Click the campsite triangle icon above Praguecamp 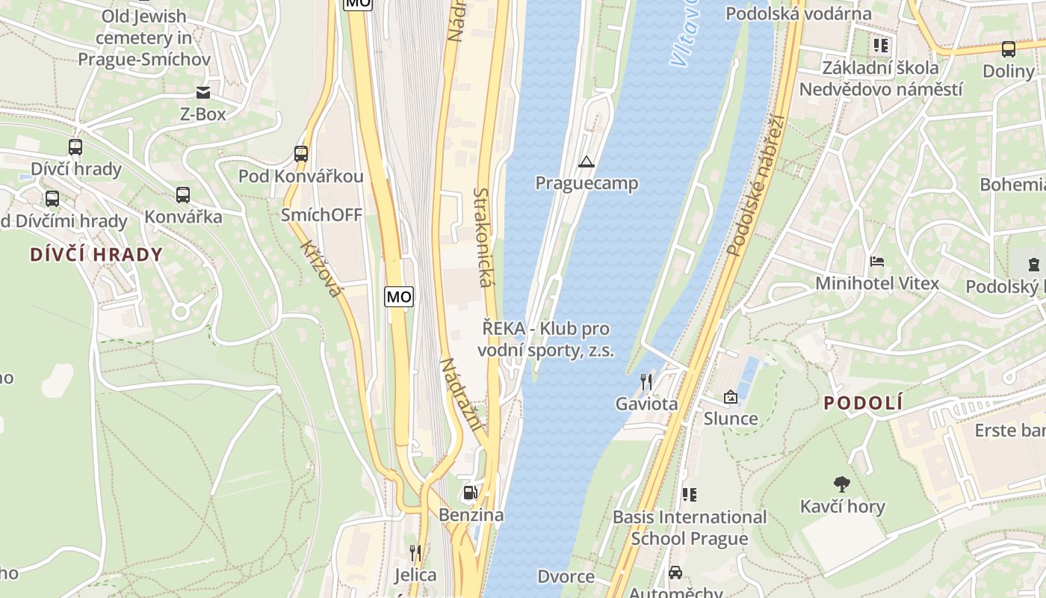tap(587, 161)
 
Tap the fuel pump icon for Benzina tap(471, 493)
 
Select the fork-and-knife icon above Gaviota tap(646, 382)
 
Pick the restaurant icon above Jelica tap(415, 553)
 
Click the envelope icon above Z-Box tap(202, 93)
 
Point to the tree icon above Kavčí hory tap(842, 484)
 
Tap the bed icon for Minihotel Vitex tap(877, 262)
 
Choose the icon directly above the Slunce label tap(730, 397)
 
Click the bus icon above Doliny tap(1008, 49)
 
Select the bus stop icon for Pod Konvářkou tap(301, 154)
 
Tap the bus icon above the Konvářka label tap(183, 195)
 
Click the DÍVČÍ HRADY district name tap(96, 254)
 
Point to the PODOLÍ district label tap(863, 404)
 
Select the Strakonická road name tap(484, 238)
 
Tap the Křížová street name tap(321, 268)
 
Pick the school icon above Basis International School tap(689, 495)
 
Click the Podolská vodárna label tap(799, 13)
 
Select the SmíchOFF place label tap(321, 215)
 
